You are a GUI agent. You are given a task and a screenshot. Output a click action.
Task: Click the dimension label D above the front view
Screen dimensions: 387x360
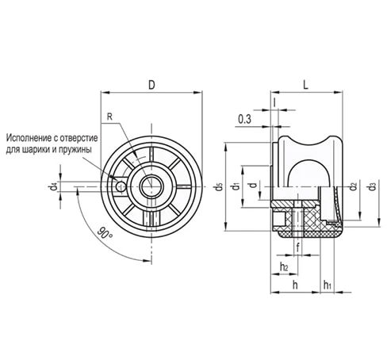151,85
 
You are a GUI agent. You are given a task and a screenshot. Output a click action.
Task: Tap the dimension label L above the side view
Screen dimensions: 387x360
305,85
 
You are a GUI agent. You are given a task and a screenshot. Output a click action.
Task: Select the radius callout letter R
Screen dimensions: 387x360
109,117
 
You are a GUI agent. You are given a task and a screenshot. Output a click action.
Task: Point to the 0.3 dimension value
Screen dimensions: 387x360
244,120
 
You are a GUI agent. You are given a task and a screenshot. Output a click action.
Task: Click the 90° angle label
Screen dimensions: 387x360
105,232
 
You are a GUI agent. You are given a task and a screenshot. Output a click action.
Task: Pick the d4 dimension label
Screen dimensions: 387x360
53,186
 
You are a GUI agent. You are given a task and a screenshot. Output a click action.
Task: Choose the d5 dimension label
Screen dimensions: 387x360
218,187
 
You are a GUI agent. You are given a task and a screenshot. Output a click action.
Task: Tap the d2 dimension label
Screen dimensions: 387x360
353,186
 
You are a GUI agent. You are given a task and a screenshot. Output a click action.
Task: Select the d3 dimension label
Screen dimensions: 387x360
372,186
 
